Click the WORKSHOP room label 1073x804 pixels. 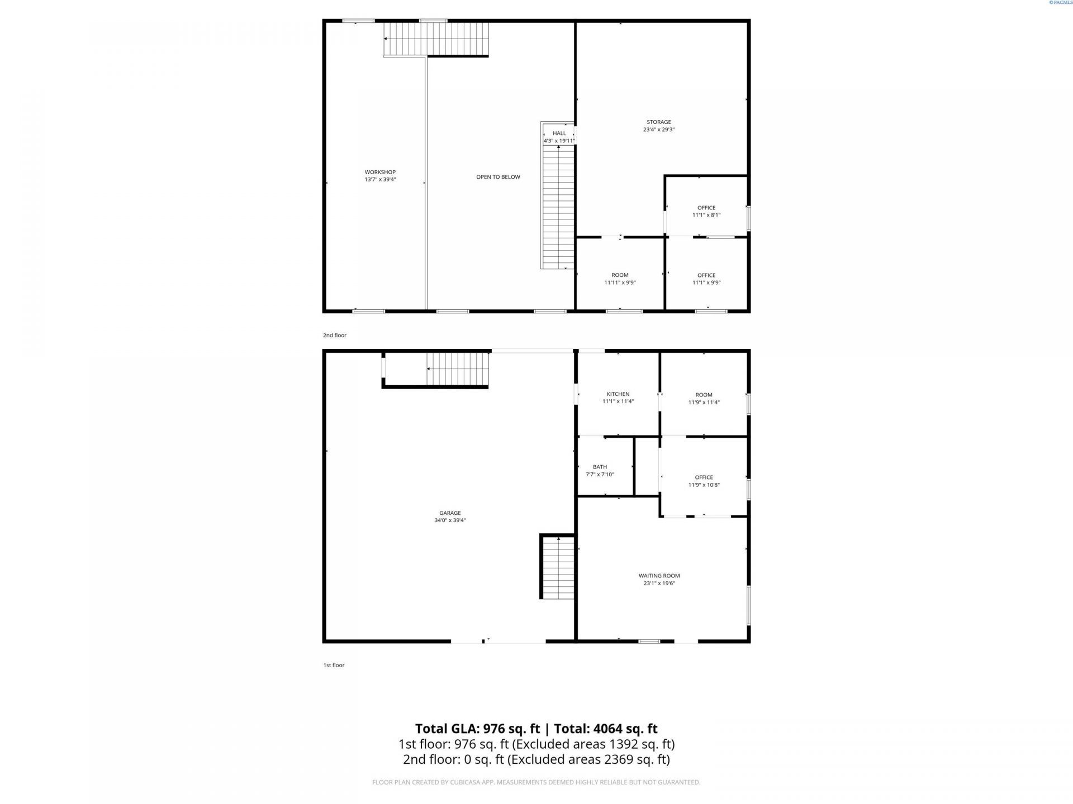380,172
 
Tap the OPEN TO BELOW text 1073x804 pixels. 498,177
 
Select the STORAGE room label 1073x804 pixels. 659,122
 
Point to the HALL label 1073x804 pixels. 559,133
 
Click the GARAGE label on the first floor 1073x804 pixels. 450,513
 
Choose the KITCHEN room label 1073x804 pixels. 618,394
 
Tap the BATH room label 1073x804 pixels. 600,467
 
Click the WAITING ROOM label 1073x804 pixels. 659,576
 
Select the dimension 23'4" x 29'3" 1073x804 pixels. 659,130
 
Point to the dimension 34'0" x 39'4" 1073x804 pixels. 450,520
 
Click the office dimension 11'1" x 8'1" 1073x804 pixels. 706,215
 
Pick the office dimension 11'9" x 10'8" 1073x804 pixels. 704,485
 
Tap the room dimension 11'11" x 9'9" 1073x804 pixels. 620,283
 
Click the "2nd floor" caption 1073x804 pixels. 335,336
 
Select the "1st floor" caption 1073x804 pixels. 334,666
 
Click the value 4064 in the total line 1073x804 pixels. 607,729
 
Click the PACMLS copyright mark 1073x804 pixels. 1060,3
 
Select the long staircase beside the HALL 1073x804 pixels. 558,207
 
